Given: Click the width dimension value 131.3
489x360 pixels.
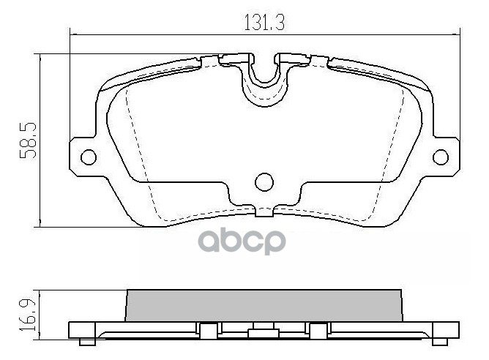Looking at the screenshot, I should click(264, 23).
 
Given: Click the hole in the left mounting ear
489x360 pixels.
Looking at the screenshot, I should click(88, 157).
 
